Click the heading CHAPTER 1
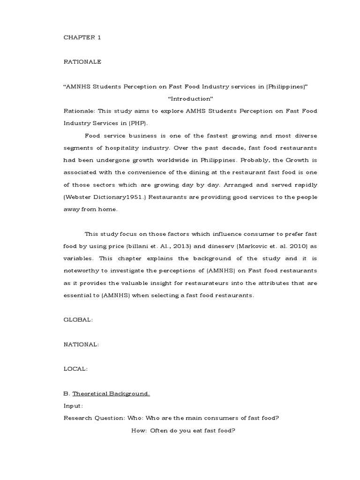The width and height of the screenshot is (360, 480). click(82, 38)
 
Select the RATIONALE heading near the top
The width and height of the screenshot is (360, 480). click(82, 62)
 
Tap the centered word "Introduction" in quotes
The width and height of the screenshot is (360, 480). click(190, 99)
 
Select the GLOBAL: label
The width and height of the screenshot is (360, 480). click(78, 320)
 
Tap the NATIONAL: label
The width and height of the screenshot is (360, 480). click(81, 344)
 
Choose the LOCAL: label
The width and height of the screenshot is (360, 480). click(75, 369)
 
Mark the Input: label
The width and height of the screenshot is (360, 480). click(74, 405)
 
